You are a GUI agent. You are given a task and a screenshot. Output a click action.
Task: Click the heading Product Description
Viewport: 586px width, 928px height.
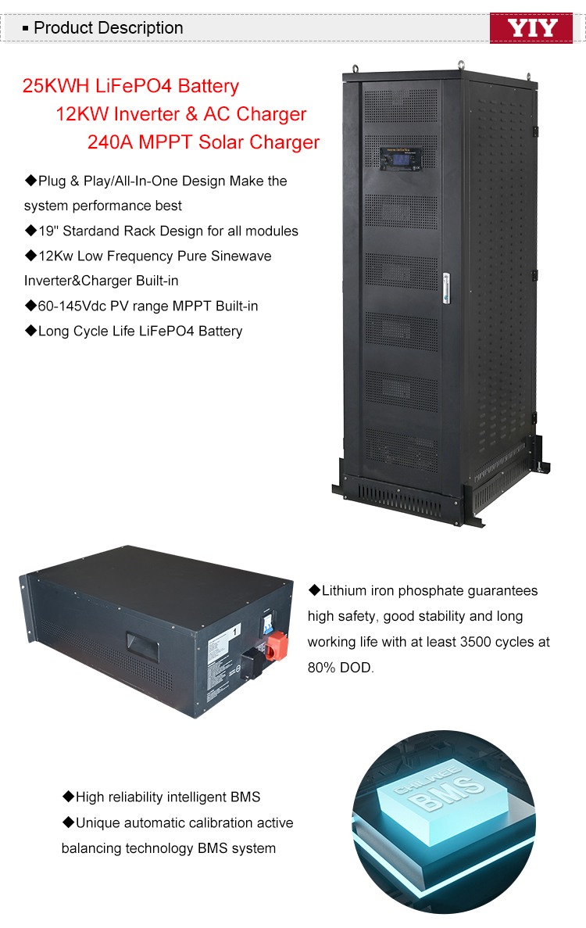click(x=108, y=28)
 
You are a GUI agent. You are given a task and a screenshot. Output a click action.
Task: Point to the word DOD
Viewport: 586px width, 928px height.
click(x=356, y=668)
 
